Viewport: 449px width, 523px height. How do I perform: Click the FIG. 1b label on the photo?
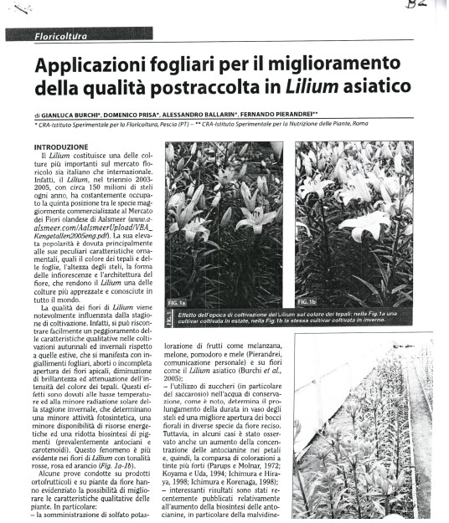click(307, 300)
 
